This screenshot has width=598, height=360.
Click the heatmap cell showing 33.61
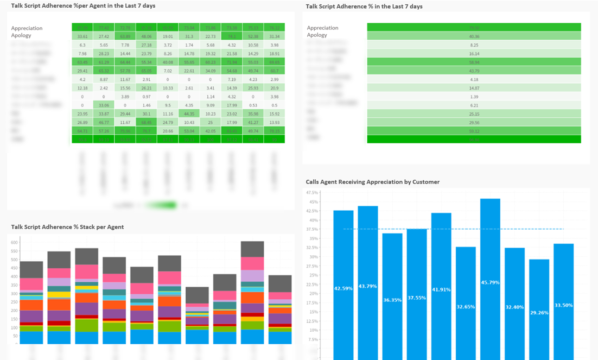pyautogui.click(x=82, y=36)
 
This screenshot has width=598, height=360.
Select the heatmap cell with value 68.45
pyautogui.click(x=147, y=123)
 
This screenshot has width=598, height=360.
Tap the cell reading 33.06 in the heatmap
pyautogui.click(x=104, y=105)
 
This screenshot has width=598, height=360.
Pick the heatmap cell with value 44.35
pyautogui.click(x=189, y=114)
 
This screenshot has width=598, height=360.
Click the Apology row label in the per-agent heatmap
pyautogui.click(x=21, y=35)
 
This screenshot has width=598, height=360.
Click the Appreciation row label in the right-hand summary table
pyautogui.click(x=322, y=28)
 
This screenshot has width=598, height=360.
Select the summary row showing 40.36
pyautogui.click(x=474, y=36)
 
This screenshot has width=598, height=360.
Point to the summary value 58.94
pyautogui.click(x=474, y=62)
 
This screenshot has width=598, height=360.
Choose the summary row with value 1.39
pyautogui.click(x=474, y=97)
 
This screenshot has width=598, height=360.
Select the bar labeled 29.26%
pyautogui.click(x=539, y=310)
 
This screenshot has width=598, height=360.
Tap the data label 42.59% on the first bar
pyautogui.click(x=343, y=288)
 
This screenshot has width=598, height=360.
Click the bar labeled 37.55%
pyautogui.click(x=417, y=298)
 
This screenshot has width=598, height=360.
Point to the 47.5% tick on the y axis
pyautogui.click(x=312, y=193)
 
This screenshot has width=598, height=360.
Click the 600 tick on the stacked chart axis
pyautogui.click(x=14, y=242)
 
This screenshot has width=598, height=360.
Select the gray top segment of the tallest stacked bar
pyautogui.click(x=252, y=249)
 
